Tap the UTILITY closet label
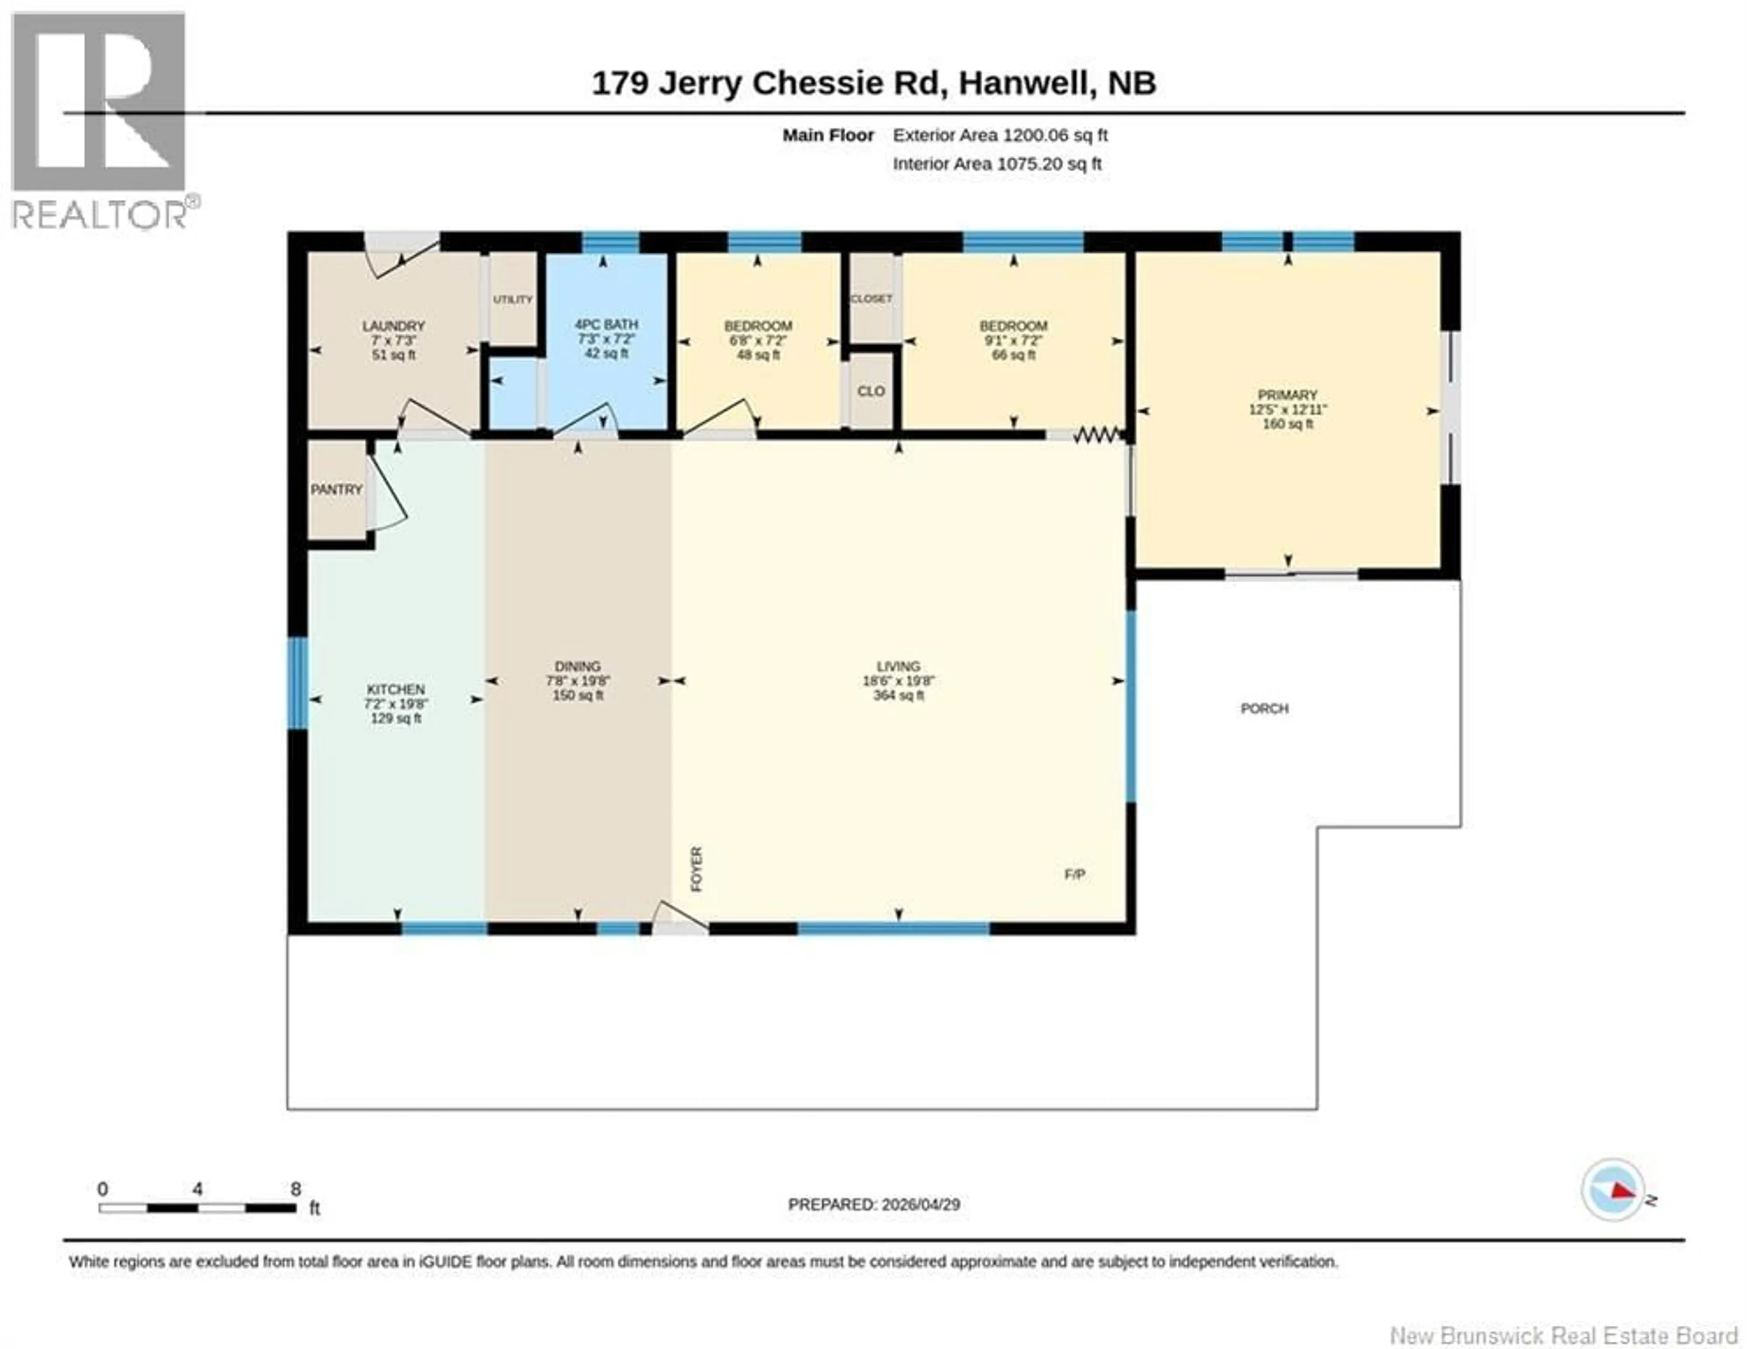(x=512, y=299)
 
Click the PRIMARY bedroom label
(x=1287, y=395)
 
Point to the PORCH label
(x=1265, y=709)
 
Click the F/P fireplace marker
(x=1074, y=875)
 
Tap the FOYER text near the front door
(x=696, y=870)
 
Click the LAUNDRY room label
(x=393, y=326)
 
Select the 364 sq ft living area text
(x=899, y=696)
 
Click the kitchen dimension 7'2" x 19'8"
(x=395, y=704)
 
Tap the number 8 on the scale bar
(x=295, y=1190)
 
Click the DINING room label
(x=577, y=666)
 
